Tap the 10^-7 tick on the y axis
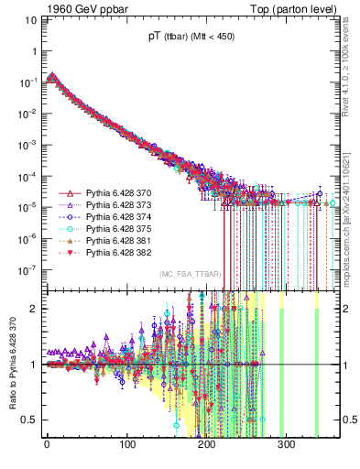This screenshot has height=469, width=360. click(27, 270)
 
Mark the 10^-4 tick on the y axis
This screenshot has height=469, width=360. click(27, 176)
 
